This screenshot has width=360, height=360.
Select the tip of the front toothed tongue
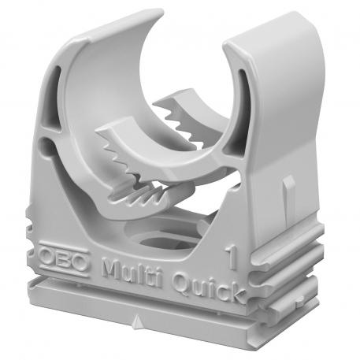pyautogui.click(x=106, y=139)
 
